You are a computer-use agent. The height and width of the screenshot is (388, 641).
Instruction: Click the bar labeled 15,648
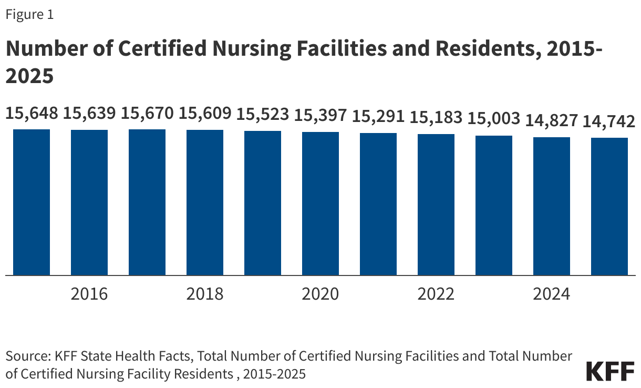(x=32, y=202)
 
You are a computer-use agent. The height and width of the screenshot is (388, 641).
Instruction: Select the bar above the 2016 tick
(x=89, y=202)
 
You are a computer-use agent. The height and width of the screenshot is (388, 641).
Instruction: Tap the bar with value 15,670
(x=147, y=202)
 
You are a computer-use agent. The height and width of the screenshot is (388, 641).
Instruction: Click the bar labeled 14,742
(x=609, y=206)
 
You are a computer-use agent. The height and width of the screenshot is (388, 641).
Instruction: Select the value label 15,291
(x=378, y=116)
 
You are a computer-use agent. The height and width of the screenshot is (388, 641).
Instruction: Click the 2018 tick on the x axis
(x=205, y=293)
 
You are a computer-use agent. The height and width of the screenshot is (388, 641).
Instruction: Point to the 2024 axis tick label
(x=552, y=293)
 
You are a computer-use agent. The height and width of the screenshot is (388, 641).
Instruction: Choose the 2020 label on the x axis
(x=320, y=293)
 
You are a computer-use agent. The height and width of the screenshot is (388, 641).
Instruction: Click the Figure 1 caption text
(x=29, y=15)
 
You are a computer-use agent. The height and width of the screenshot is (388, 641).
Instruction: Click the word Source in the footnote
(x=26, y=356)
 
